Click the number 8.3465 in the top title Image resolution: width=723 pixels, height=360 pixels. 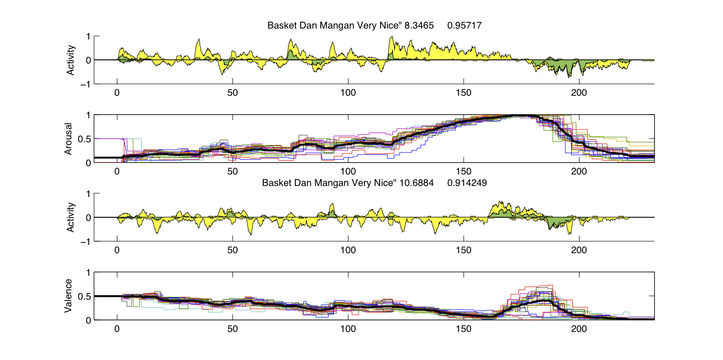click(419, 25)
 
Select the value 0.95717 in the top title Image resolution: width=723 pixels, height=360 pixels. click(464, 25)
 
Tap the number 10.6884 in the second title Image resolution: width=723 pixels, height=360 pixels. click(416, 183)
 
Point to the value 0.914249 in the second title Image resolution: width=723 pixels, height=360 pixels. click(467, 183)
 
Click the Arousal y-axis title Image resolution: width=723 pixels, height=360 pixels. click(69, 139)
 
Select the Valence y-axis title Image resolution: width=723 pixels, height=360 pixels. click(69, 296)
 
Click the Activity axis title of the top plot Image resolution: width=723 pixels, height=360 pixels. click(70, 60)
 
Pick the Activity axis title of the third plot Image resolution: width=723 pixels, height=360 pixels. click(70, 217)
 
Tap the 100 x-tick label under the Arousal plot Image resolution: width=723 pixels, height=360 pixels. click(348, 171)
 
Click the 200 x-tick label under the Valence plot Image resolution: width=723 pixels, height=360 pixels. click(579, 329)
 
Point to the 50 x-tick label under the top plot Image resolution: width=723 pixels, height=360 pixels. click(232, 93)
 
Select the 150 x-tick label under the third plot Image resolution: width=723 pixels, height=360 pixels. click(463, 250)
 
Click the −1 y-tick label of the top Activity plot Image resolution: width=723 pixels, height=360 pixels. click(85, 84)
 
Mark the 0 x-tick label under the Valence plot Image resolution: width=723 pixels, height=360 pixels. click(117, 329)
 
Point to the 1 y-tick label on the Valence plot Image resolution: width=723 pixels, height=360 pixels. click(88, 273)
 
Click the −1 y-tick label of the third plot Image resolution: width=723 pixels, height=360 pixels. click(85, 242)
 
